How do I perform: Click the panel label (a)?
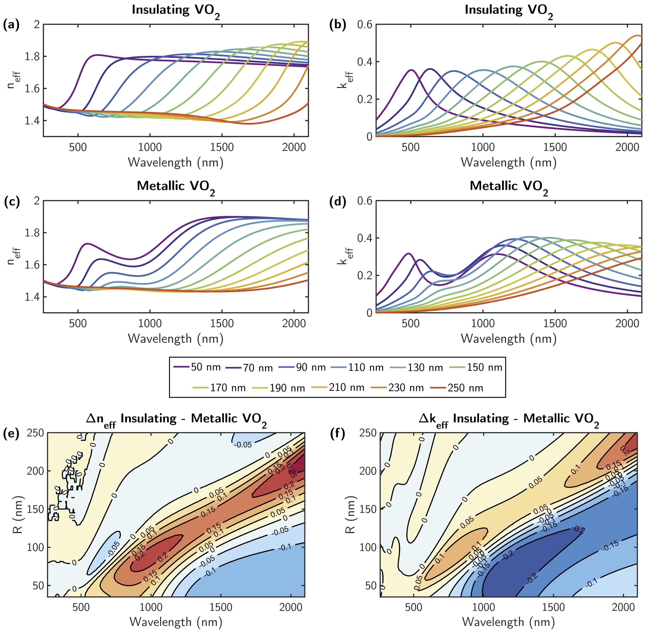point(11,25)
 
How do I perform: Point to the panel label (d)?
point(337,202)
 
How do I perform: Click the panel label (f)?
point(337,434)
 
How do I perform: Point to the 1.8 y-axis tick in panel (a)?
point(32,56)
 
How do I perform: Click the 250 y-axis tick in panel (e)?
point(35,433)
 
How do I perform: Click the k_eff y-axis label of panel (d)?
point(343,256)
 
